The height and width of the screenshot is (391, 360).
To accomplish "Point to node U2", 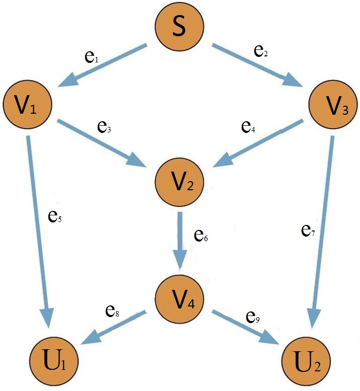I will click(305, 362).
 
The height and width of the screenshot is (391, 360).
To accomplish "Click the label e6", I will click(202, 236).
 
